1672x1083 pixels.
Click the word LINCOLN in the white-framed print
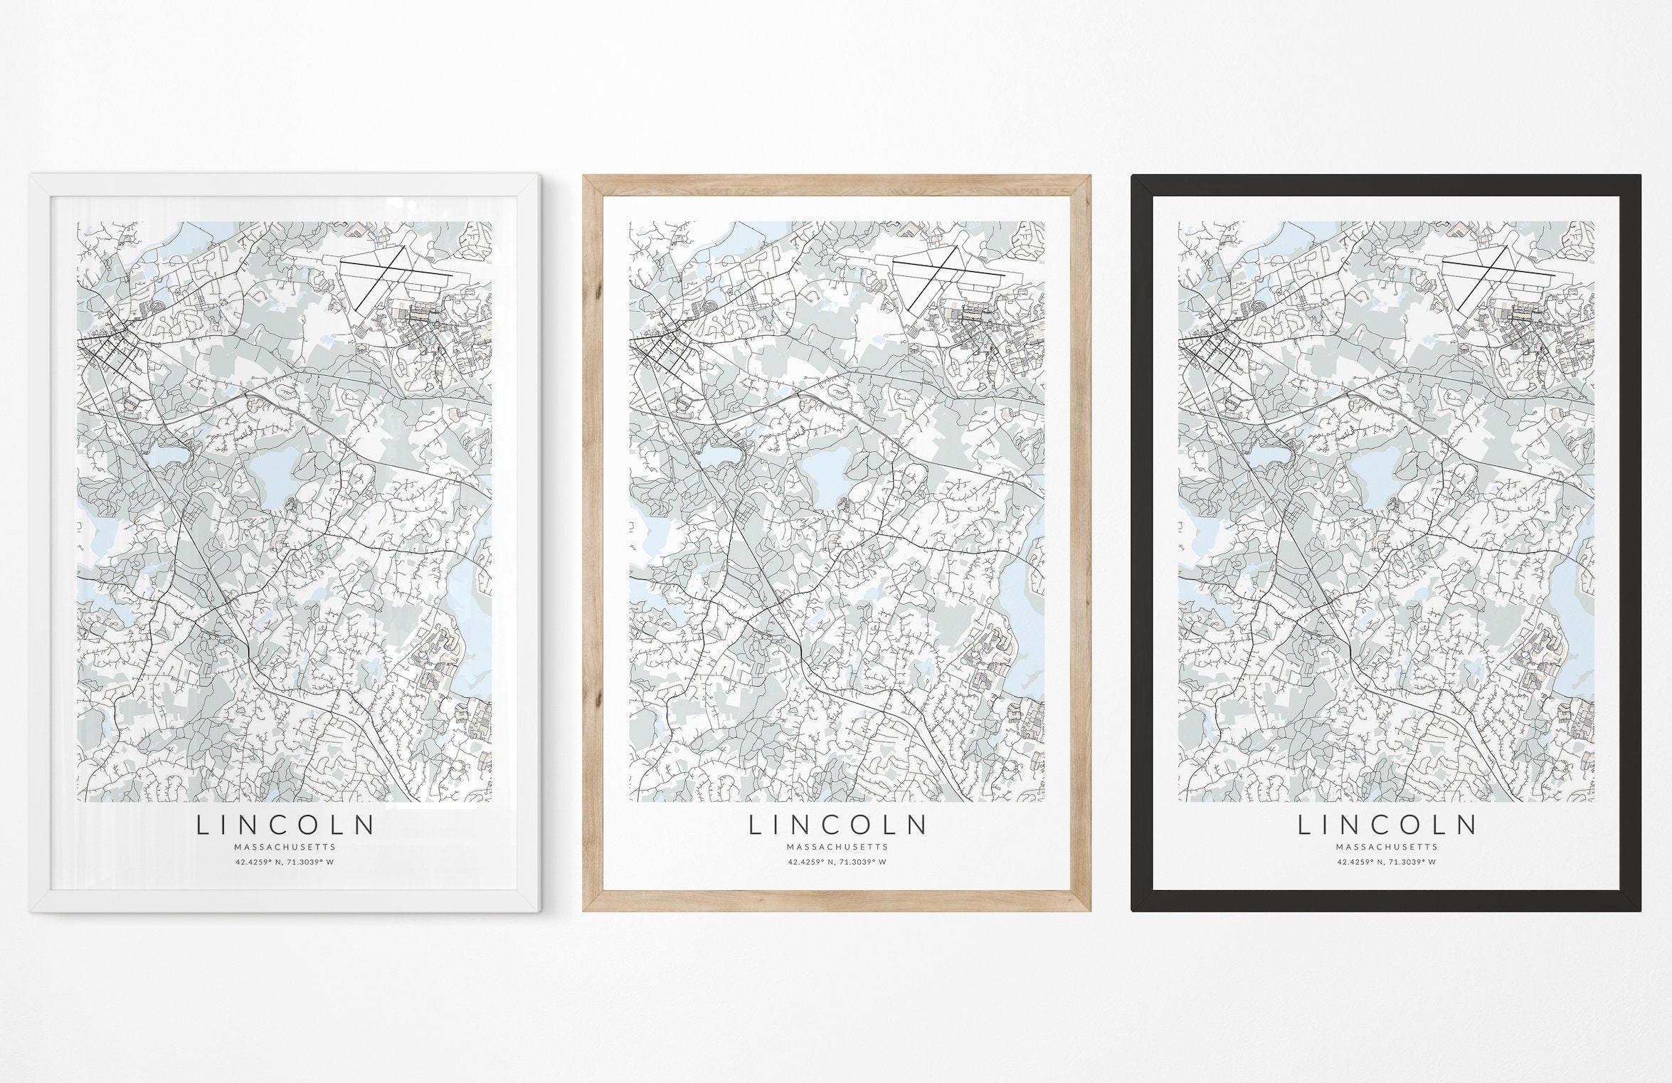click(x=285, y=825)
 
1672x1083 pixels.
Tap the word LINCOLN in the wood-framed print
click(x=837, y=825)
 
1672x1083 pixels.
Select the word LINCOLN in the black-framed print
click(x=1387, y=825)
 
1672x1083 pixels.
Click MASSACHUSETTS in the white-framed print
click(x=285, y=847)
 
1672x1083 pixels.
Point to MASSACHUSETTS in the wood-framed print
click(x=837, y=847)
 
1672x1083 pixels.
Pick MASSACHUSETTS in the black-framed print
click(x=1387, y=847)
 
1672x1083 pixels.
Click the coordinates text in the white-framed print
click(x=285, y=862)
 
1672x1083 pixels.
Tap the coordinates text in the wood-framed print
click(x=837, y=862)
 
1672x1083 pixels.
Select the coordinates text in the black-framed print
click(x=1387, y=862)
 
